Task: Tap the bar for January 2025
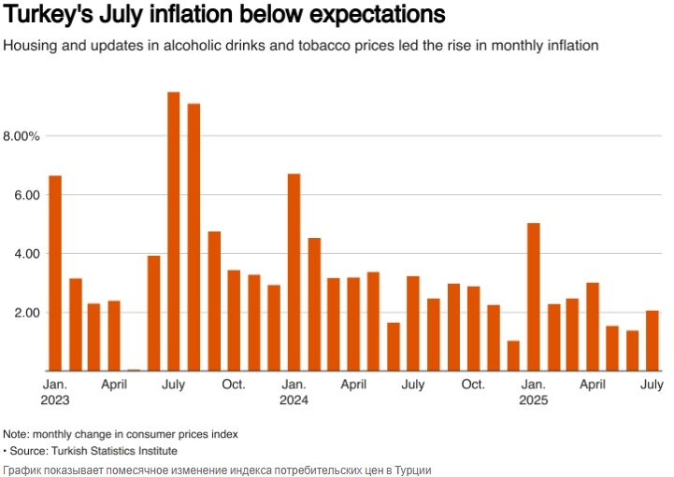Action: (x=534, y=297)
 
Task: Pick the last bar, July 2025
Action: (x=652, y=341)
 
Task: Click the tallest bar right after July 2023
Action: (x=194, y=237)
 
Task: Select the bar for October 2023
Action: (x=234, y=320)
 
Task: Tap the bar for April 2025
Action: (x=593, y=327)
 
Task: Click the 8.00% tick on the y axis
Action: (x=22, y=136)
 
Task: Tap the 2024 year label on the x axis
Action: (x=294, y=400)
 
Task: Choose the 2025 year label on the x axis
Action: (x=534, y=400)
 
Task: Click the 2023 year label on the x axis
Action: (x=55, y=400)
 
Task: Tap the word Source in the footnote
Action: (x=31, y=451)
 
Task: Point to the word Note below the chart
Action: (x=16, y=434)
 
